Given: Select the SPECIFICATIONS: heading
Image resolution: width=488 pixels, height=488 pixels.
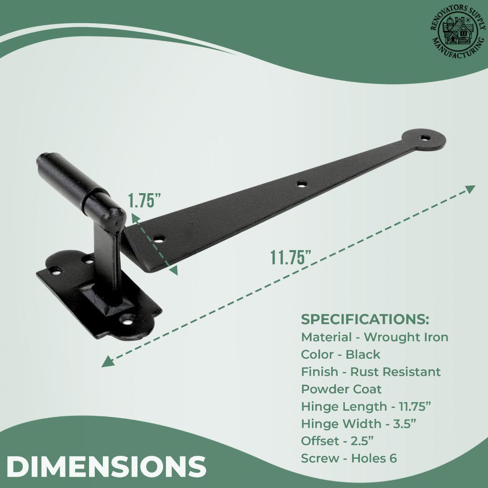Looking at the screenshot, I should click(365, 319).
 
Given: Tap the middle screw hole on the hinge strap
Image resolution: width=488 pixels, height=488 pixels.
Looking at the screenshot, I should click(301, 184).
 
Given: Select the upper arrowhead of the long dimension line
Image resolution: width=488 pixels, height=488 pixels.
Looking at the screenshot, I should click(470, 189).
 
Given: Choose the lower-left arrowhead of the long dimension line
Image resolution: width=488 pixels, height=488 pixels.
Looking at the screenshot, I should click(107, 361).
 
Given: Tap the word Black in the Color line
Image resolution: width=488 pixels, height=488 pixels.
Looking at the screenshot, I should click(363, 354).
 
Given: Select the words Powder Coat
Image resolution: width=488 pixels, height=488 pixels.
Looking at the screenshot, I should click(341, 389).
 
